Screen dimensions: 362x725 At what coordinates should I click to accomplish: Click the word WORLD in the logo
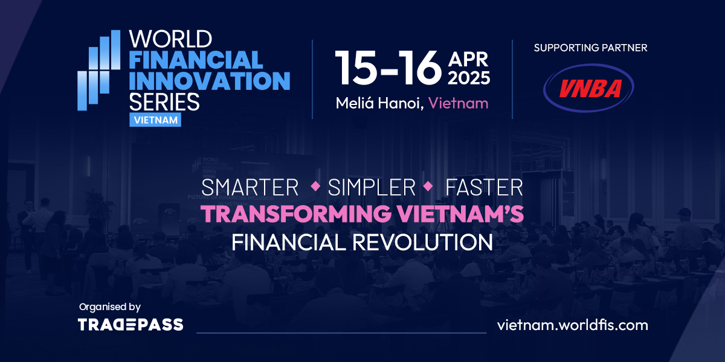tap(170, 40)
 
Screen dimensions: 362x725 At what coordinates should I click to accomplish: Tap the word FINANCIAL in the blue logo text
tap(196, 60)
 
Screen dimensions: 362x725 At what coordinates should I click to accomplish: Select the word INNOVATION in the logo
tap(210, 80)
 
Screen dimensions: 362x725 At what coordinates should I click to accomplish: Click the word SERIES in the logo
tap(164, 101)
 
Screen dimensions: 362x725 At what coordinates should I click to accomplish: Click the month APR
tap(469, 59)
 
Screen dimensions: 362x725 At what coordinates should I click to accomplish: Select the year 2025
tap(469, 78)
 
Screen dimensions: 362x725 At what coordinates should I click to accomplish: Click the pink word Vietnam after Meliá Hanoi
tap(458, 103)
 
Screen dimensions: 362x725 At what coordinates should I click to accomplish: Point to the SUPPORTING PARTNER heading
tap(590, 48)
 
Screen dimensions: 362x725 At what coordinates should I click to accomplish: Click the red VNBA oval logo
tap(589, 89)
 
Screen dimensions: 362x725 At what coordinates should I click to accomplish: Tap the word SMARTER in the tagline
tap(250, 188)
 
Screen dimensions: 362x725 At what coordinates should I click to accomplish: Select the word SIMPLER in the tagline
tap(372, 188)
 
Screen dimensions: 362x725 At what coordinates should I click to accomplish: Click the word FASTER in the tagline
tap(483, 188)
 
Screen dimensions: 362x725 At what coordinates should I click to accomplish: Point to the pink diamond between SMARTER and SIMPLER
tap(314, 186)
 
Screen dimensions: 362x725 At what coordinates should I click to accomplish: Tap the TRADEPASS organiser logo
tap(130, 325)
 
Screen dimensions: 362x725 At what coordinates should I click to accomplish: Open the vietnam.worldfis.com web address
tap(572, 325)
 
